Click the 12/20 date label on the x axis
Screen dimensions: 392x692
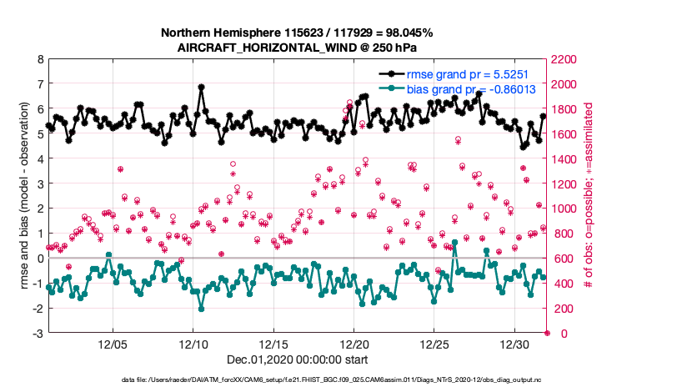[x=354, y=344]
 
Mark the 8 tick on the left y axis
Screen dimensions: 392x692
[x=40, y=60]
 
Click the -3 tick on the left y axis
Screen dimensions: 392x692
[x=38, y=334]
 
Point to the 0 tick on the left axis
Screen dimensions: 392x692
[x=40, y=259]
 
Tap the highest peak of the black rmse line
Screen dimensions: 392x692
[x=202, y=87]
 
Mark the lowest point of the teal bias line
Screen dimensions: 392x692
[x=202, y=309]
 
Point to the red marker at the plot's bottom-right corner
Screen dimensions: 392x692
[x=547, y=334]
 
